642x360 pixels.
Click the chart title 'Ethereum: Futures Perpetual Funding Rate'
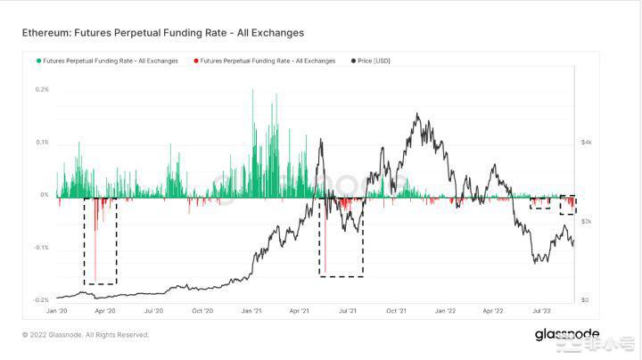pyautogui.click(x=163, y=33)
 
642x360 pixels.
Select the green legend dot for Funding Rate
pyautogui.click(x=37, y=61)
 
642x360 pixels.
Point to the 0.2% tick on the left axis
pyautogui.click(x=42, y=90)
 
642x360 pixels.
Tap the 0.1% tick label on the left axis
pyautogui.click(x=42, y=143)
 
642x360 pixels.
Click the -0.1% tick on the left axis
pyautogui.click(x=41, y=248)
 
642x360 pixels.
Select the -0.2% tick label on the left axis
pyautogui.click(x=41, y=300)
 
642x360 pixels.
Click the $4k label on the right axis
pyautogui.click(x=587, y=143)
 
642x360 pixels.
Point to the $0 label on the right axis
pyautogui.click(x=585, y=300)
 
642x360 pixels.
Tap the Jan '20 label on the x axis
pyautogui.click(x=56, y=311)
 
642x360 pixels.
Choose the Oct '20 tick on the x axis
pyautogui.click(x=202, y=311)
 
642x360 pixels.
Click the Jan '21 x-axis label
pyautogui.click(x=251, y=311)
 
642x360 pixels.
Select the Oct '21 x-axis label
pyautogui.click(x=396, y=311)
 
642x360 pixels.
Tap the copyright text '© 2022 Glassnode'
pyautogui.click(x=86, y=335)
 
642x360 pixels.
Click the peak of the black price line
pyautogui.click(x=416, y=114)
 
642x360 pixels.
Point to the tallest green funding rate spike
pyautogui.click(x=254, y=91)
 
